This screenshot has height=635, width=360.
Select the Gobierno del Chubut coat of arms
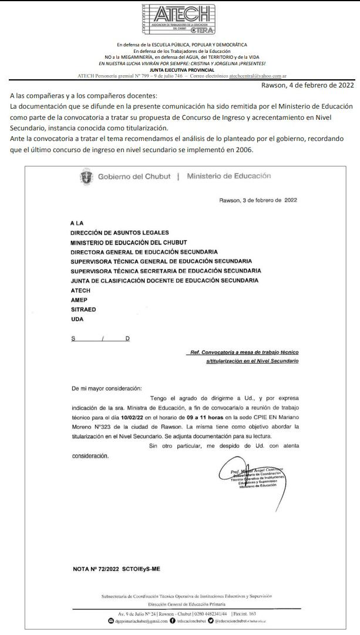(86, 176)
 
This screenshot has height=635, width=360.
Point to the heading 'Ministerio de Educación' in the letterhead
(228, 176)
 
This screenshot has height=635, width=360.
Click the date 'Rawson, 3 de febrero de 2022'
(258, 200)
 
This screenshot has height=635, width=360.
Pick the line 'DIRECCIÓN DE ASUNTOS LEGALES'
(119, 233)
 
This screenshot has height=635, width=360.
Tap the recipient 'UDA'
(77, 319)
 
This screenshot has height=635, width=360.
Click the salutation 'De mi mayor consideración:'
(106, 388)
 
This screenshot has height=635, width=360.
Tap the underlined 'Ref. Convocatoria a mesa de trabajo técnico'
(244, 352)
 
